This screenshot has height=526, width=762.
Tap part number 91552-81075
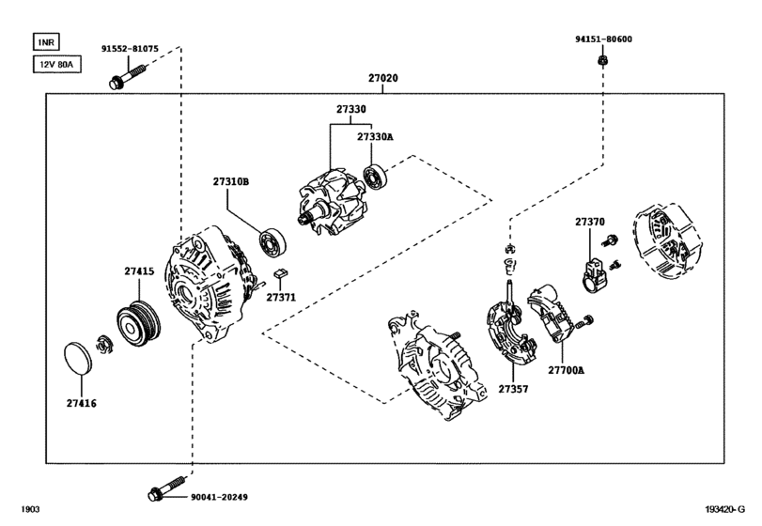tap(130, 48)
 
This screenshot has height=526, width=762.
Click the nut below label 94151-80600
tap(602, 61)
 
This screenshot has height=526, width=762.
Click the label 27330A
tap(375, 137)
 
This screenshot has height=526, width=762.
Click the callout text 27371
tap(280, 297)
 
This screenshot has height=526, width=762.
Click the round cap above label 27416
tap(78, 360)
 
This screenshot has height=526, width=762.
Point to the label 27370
tap(589, 222)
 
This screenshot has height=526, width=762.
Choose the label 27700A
tap(568, 370)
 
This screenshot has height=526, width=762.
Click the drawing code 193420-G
tap(729, 510)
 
